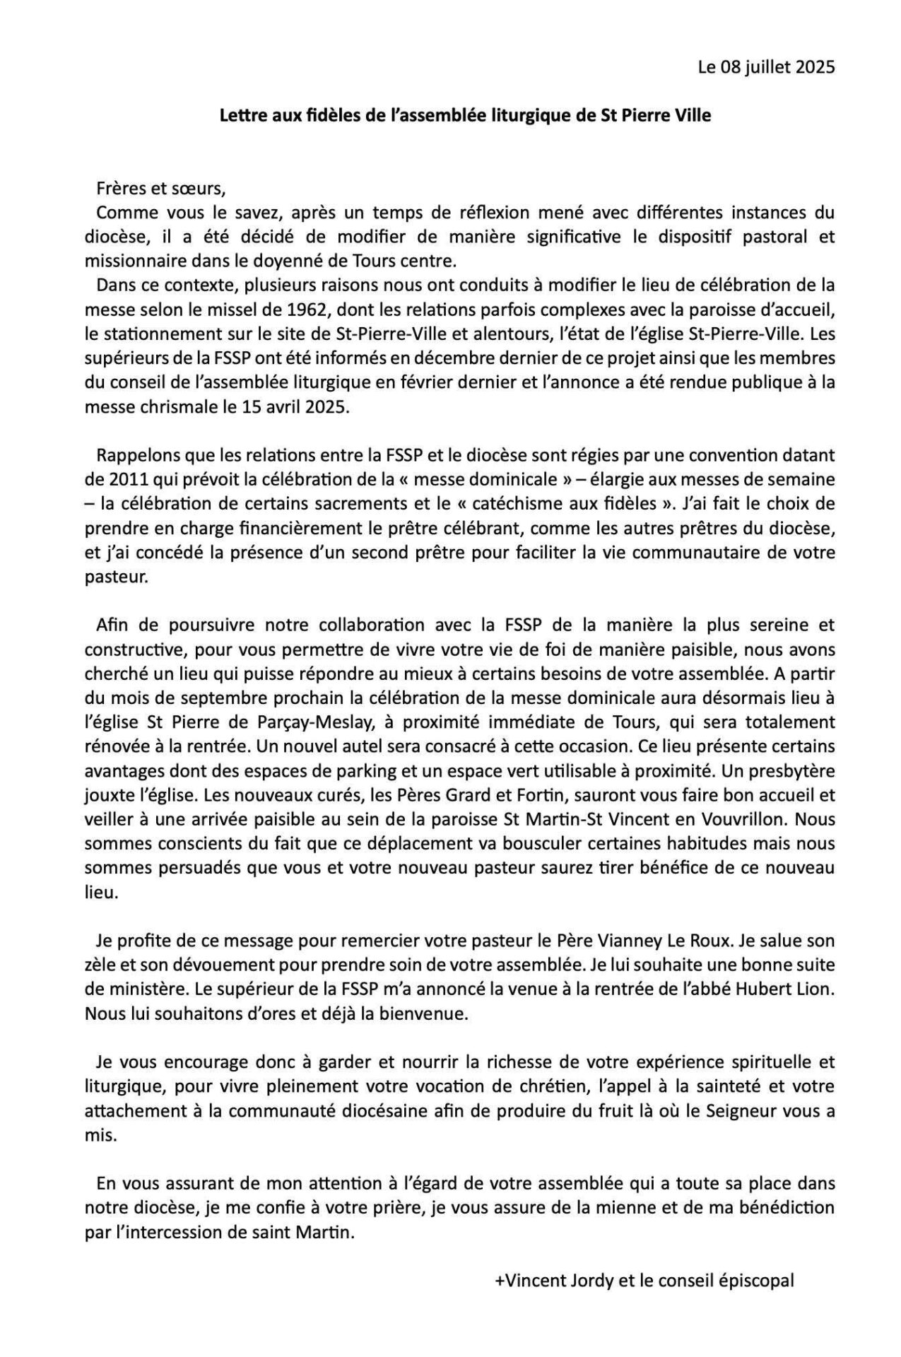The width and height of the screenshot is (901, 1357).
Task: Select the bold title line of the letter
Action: tap(465, 115)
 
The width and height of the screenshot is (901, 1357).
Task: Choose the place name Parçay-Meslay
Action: tap(332, 722)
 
